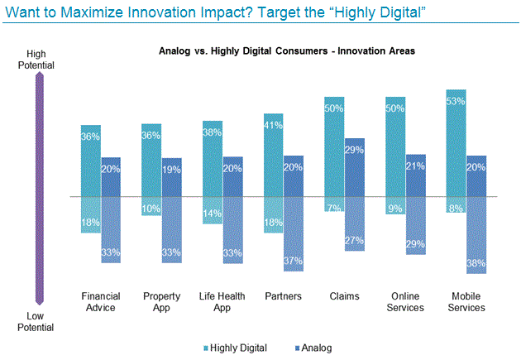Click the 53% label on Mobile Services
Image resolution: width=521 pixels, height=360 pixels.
(456, 100)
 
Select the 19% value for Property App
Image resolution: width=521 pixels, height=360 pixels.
(172, 169)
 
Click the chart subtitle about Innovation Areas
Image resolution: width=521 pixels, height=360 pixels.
(286, 50)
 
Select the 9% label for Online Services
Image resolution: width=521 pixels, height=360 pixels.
(395, 208)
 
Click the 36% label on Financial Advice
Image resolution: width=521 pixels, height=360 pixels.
(91, 137)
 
